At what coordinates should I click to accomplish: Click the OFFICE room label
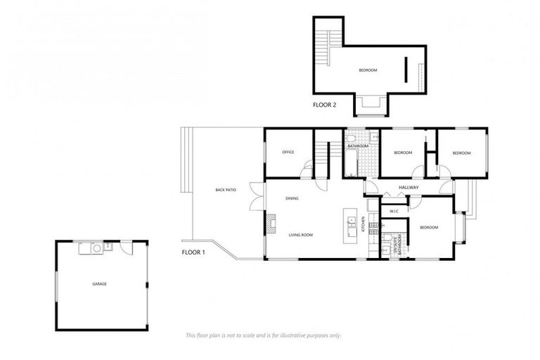288,152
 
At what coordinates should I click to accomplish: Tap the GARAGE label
100,284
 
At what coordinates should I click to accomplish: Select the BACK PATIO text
226,190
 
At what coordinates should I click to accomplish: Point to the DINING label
292,198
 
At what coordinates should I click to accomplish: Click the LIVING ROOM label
300,235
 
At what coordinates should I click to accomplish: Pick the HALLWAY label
409,187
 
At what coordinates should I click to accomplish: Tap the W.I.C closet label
394,211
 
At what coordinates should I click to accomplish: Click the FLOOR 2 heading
325,104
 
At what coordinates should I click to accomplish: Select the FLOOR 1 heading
193,252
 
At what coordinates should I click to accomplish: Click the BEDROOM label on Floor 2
368,70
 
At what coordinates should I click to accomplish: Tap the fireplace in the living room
271,223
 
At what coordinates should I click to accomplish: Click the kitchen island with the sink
349,226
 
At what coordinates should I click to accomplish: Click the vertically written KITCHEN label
364,225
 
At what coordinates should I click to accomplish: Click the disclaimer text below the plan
263,335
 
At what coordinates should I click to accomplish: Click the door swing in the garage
125,247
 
